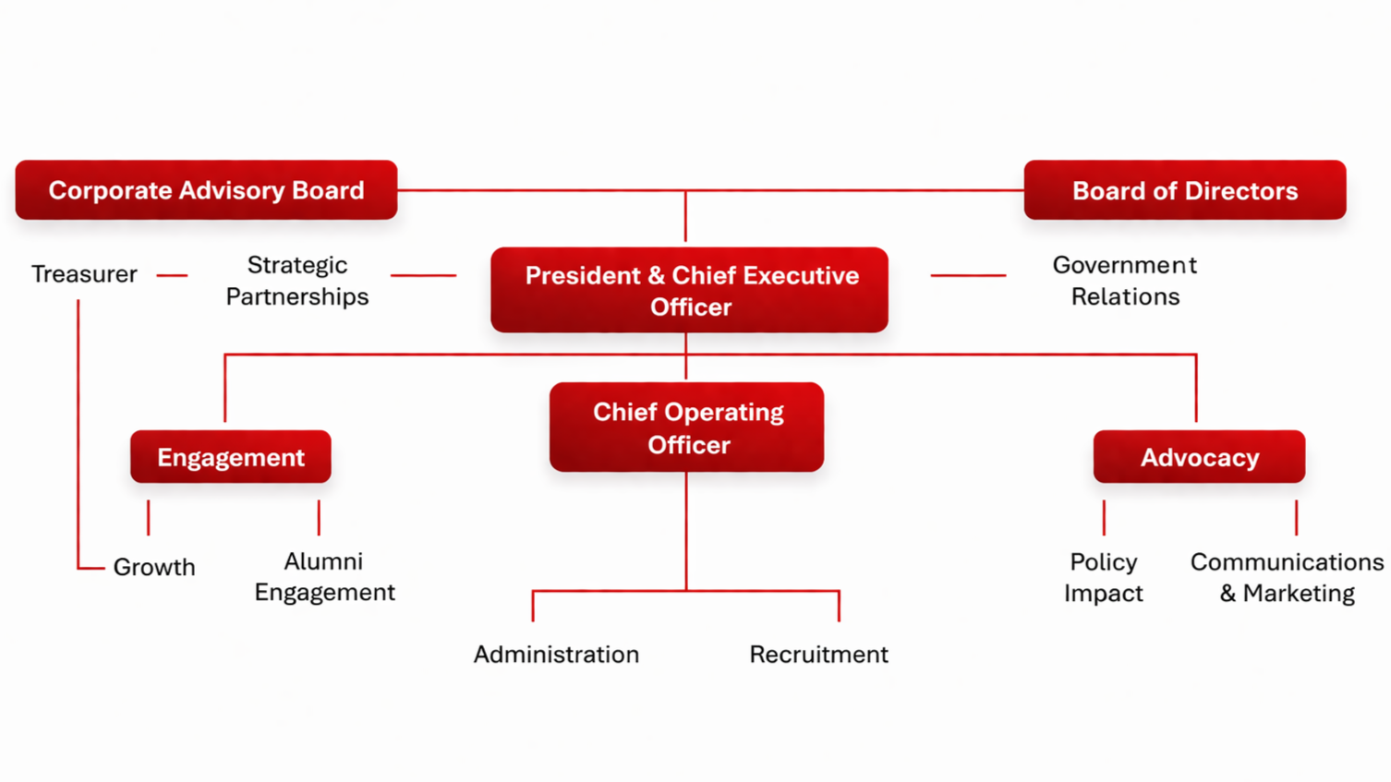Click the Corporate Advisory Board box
coord(206,190)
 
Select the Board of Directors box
coord(1184,190)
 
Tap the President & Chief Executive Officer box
coord(689,290)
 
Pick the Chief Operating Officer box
coord(686,427)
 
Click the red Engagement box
coord(230,457)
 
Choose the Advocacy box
coord(1199,457)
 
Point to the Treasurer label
coord(84,274)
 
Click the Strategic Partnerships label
coord(296,281)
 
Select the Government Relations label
coord(1124,281)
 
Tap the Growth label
coord(154,567)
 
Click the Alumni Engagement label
coord(324,577)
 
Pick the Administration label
coord(556,655)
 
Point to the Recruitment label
coord(818,655)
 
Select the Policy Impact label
coord(1103,578)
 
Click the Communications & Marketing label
coord(1287,578)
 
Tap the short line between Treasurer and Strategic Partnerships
coord(172,275)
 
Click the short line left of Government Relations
coord(968,275)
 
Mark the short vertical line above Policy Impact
coord(1104,518)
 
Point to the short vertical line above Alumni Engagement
coord(319,518)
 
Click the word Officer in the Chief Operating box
coord(689,445)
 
